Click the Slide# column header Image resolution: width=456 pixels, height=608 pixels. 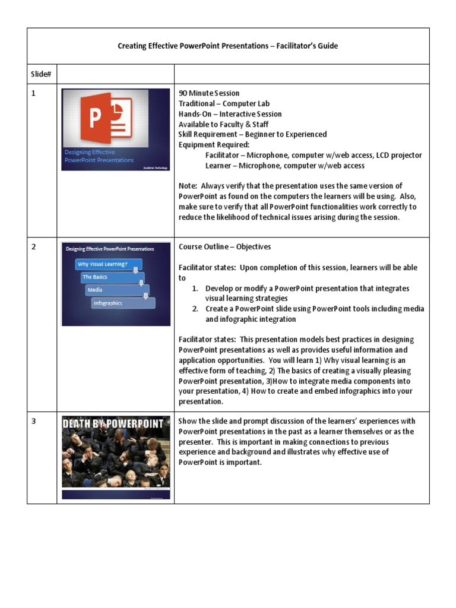pos(41,74)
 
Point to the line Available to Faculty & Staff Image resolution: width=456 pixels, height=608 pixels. pos(223,124)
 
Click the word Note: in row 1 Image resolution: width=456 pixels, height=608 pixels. pos(188,186)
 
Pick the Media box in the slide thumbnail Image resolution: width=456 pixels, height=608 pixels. pos(116,290)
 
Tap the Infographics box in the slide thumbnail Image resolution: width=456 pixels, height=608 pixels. pos(122,303)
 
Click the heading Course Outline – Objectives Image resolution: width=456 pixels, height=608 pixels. pos(225,247)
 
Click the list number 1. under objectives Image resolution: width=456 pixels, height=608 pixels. pos(195,289)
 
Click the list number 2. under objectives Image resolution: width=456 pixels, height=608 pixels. pos(195,309)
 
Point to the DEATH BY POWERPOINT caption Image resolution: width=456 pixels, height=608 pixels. pos(115,423)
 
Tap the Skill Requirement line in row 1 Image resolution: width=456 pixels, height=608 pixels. pos(252,135)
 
